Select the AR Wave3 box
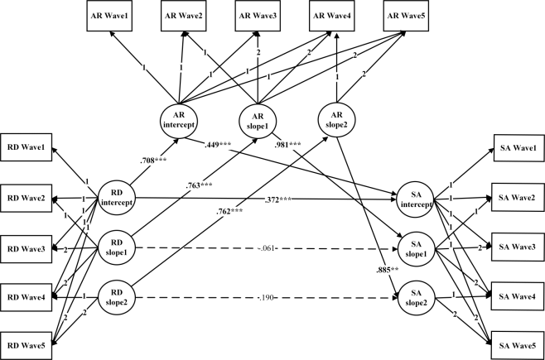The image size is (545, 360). (x=261, y=17)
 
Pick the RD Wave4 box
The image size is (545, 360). (x=29, y=296)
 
